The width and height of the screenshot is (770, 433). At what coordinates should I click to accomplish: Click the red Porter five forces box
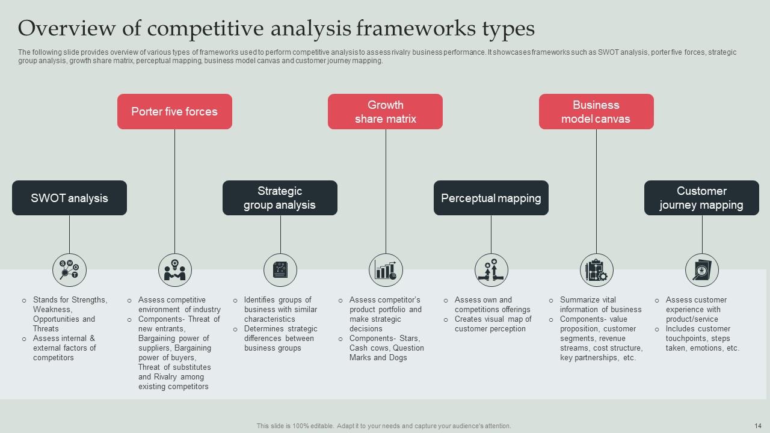[x=174, y=111]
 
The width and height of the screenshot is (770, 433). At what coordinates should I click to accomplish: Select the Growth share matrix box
[x=385, y=111]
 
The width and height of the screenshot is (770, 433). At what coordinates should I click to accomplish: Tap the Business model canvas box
[x=596, y=111]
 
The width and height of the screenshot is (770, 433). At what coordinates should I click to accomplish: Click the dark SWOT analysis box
[x=69, y=198]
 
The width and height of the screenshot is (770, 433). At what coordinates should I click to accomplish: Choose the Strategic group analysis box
[x=280, y=198]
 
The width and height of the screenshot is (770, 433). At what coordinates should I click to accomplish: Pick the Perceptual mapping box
[x=491, y=198]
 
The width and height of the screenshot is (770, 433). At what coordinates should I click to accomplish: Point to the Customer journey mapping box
[x=701, y=198]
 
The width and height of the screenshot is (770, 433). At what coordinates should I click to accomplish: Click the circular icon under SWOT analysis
[x=69, y=270]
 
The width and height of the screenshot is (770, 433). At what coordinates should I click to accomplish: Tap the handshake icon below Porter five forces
[x=175, y=270]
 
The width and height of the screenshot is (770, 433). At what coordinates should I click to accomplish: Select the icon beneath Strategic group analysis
[x=280, y=270]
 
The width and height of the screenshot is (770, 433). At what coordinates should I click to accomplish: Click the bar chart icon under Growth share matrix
[x=386, y=270]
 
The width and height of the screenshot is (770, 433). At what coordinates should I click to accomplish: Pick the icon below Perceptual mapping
[x=491, y=270]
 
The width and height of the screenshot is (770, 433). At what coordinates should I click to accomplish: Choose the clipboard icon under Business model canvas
[x=596, y=270]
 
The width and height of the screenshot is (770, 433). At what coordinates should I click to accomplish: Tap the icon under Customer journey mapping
[x=702, y=270]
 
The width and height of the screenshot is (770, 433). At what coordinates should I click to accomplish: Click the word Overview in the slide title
[x=64, y=28]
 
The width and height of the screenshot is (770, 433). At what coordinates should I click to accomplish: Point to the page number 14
[x=758, y=426]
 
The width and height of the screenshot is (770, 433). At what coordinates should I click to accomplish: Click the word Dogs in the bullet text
[x=398, y=357]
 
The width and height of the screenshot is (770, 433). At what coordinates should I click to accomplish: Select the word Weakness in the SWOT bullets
[x=51, y=309]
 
